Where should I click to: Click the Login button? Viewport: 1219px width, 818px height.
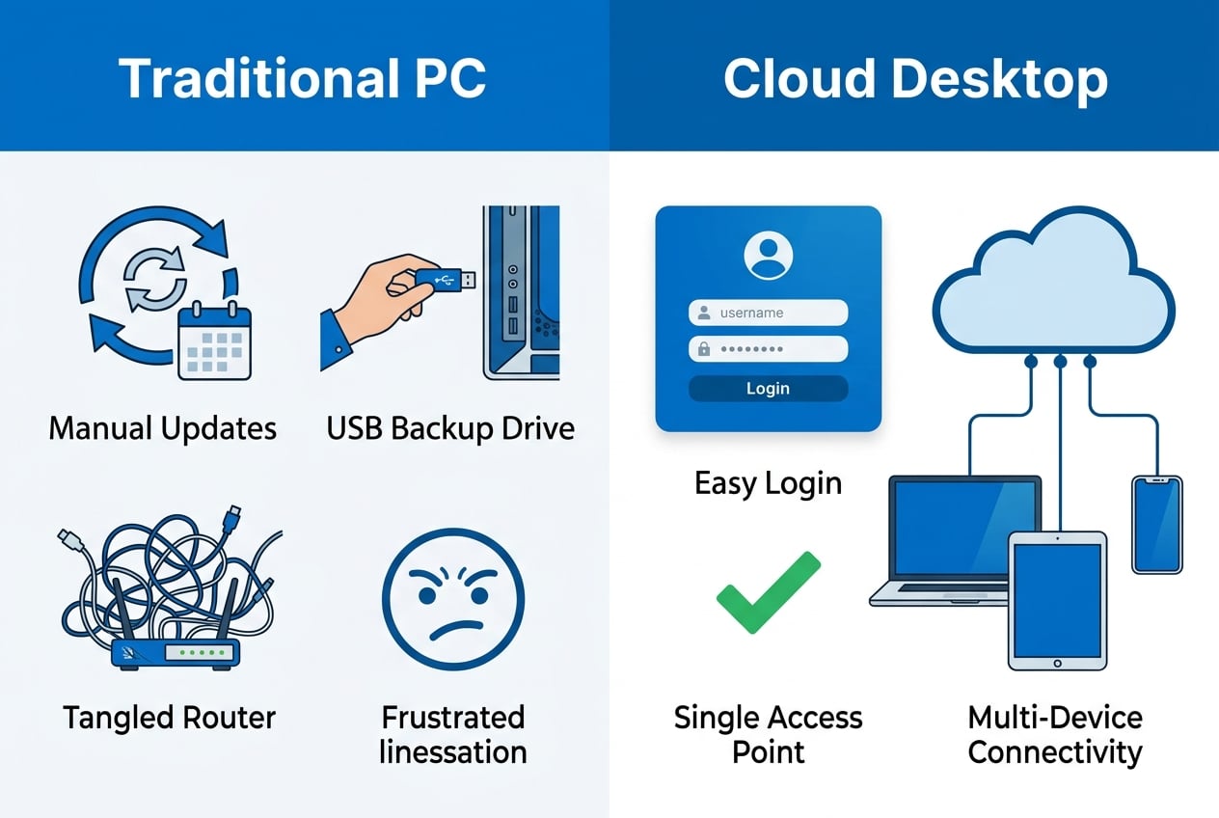point(768,388)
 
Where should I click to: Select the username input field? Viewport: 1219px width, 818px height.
point(768,313)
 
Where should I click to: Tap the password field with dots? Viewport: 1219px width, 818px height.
point(768,349)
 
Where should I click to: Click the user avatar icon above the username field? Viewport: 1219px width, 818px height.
point(768,256)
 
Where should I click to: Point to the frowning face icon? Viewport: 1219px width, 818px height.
point(453,599)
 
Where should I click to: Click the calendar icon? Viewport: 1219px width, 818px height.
point(215,341)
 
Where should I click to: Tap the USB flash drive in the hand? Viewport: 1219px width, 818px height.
point(445,281)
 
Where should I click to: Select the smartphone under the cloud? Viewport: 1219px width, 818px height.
point(1157,525)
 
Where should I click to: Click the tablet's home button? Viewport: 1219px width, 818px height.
point(1057,664)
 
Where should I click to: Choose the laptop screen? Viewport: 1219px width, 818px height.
point(963,527)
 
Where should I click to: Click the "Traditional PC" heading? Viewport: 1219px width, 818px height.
point(303,78)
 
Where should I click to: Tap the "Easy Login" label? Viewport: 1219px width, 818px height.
point(768,483)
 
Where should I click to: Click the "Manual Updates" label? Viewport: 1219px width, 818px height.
point(163,428)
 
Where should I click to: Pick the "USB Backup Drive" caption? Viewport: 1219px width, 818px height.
point(450,428)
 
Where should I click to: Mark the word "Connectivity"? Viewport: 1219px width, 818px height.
point(1055,752)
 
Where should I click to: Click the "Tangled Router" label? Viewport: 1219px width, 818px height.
point(169,718)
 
